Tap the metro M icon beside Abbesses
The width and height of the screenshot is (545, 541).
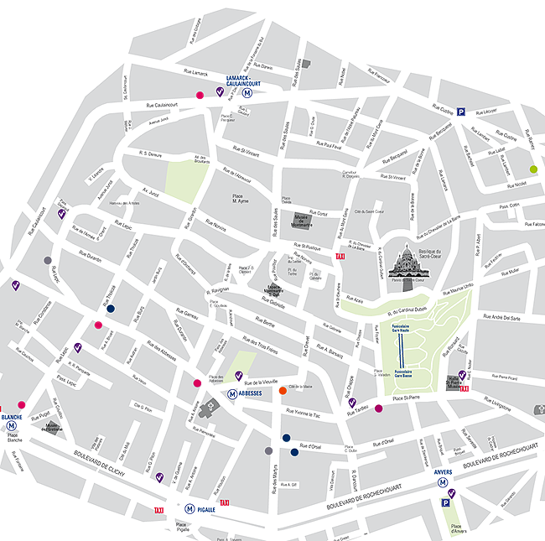232,393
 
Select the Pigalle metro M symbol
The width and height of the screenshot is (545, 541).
191,507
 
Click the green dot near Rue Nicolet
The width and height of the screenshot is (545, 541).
533,169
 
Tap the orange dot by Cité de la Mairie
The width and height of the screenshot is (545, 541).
283,390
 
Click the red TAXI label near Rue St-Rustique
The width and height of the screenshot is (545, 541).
340,257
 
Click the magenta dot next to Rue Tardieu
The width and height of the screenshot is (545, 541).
379,408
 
